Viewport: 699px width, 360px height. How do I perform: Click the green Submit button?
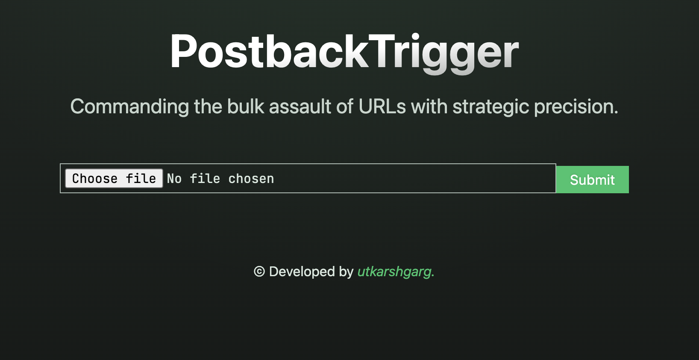(x=592, y=180)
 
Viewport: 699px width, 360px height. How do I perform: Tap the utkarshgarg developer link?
(x=396, y=271)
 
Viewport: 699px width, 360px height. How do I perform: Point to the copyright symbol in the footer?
(x=259, y=271)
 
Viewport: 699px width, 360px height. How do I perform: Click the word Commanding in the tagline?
(x=129, y=107)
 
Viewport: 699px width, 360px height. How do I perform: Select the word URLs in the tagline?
(x=382, y=106)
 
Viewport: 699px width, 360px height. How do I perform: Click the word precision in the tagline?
(x=576, y=107)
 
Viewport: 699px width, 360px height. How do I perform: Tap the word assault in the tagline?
(x=300, y=106)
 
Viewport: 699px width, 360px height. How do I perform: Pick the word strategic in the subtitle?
(x=491, y=107)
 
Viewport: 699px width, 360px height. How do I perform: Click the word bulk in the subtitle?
(x=246, y=106)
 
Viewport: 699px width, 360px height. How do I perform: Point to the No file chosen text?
(x=220, y=179)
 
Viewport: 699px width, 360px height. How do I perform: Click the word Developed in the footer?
(x=302, y=272)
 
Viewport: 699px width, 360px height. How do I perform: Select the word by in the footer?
(x=346, y=272)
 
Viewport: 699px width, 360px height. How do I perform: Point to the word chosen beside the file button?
(x=251, y=179)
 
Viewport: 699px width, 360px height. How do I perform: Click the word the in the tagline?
(x=208, y=106)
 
